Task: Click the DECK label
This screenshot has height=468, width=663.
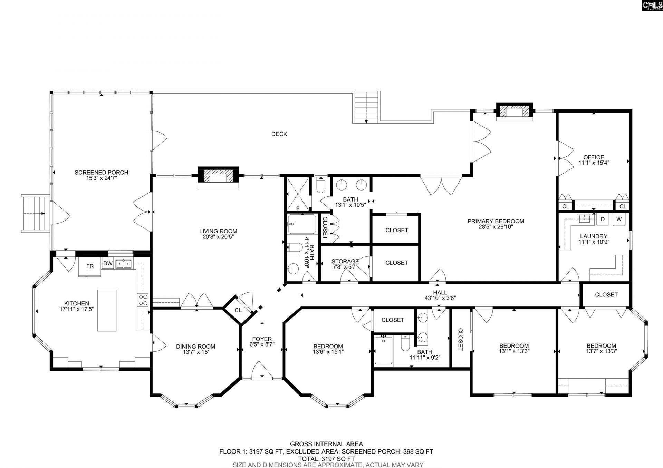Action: [x=279, y=134]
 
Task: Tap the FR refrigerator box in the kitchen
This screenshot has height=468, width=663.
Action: [x=90, y=266]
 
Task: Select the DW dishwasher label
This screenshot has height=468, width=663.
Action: [x=108, y=264]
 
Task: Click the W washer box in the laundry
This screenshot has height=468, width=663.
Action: [x=619, y=219]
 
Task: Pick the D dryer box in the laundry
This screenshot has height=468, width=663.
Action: [x=603, y=219]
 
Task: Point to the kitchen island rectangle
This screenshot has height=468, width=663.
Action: [x=107, y=310]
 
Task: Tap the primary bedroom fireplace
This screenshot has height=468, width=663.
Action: [x=514, y=111]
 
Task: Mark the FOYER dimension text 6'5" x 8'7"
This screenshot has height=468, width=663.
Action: [x=262, y=344]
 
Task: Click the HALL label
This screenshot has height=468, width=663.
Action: [x=440, y=292]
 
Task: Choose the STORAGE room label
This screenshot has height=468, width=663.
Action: [x=345, y=261]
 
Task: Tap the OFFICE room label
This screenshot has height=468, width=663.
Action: [x=594, y=157]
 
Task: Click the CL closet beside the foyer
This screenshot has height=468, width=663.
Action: [x=238, y=310]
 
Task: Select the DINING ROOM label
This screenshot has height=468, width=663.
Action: [x=195, y=346]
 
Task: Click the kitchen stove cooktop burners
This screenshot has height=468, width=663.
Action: [x=143, y=300]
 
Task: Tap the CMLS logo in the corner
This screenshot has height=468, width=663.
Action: [x=652, y=6]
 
